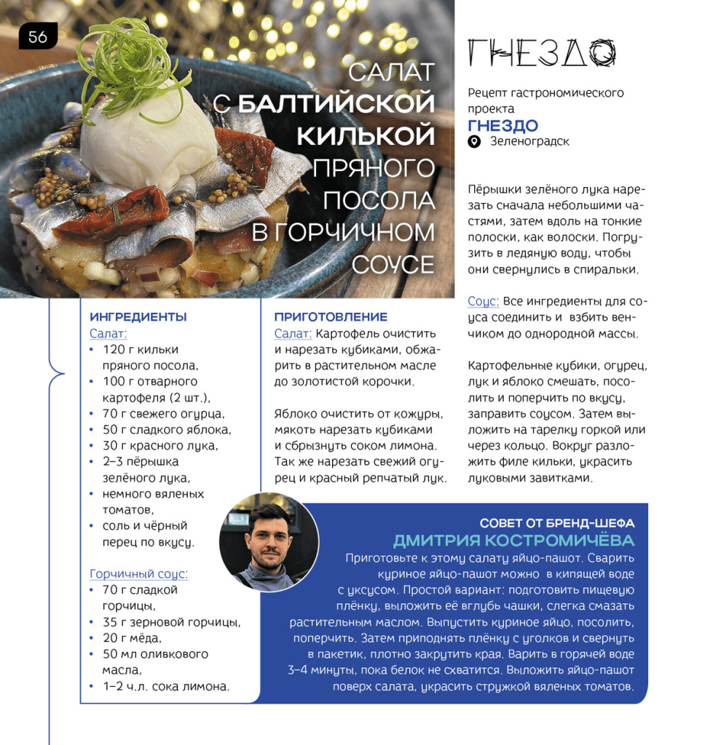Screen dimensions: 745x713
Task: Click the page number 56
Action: click(38, 36)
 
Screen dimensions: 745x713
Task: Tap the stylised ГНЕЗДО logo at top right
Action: click(542, 54)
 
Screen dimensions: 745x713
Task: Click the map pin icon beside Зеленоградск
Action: click(474, 142)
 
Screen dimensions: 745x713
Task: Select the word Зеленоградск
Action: click(529, 142)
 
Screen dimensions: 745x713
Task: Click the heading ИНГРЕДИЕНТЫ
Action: click(138, 317)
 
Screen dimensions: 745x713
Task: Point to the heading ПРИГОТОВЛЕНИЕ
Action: click(331, 317)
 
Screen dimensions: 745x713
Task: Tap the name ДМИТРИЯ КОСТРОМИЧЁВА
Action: click(513, 541)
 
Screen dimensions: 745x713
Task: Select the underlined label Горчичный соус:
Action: click(138, 574)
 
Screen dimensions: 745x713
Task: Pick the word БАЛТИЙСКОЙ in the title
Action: click(336, 103)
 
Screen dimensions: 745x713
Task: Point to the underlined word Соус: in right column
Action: click(483, 301)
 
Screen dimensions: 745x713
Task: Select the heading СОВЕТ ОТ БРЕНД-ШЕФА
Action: click(556, 523)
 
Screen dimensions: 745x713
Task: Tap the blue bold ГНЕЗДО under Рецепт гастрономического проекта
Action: click(503, 125)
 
